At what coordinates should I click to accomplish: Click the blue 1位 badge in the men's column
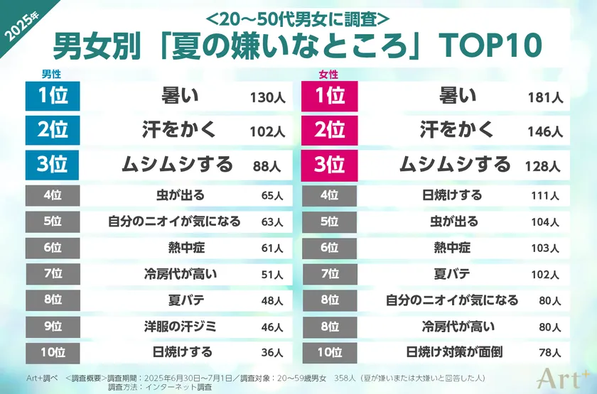pyautogui.click(x=51, y=97)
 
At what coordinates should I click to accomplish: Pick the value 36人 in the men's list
pyautogui.click(x=271, y=353)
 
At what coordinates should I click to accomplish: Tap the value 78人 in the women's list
pyautogui.click(x=549, y=353)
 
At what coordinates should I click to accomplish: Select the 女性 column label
pyautogui.click(x=328, y=74)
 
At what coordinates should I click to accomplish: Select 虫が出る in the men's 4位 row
pyautogui.click(x=181, y=195)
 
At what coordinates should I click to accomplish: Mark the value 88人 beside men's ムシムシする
pyautogui.click(x=267, y=166)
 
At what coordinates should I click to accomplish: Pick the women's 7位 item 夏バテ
pyautogui.click(x=451, y=273)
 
